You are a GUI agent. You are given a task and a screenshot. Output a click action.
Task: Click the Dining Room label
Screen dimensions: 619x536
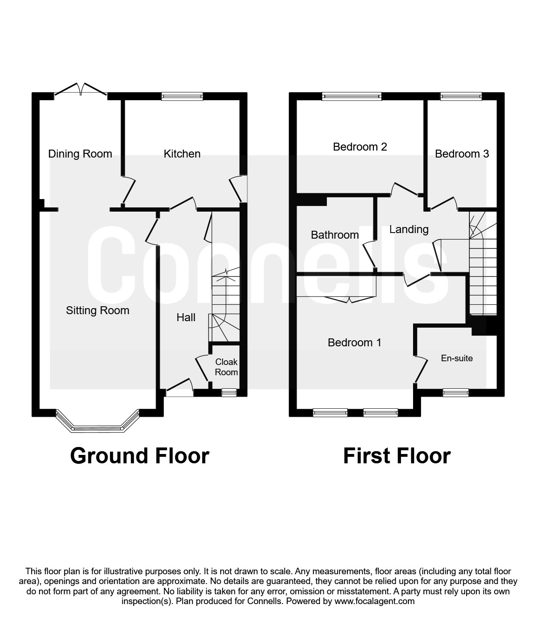tap(80, 154)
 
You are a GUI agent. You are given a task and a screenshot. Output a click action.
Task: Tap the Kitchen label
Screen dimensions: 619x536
tap(182, 154)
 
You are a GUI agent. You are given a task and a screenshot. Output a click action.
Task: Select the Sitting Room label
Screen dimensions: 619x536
tap(97, 310)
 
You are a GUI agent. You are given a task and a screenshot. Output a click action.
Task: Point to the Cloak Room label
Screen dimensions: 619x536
tap(226, 367)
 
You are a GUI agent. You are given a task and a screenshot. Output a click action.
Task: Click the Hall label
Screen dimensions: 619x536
tap(186, 317)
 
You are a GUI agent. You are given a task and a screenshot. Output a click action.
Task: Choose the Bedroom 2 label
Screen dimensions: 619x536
tap(360, 147)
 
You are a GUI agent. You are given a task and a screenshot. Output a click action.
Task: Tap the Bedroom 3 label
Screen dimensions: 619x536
tap(461, 154)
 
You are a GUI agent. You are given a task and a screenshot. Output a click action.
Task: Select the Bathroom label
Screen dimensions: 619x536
tap(335, 235)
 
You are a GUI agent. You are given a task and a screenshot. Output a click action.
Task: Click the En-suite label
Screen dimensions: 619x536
tap(456, 358)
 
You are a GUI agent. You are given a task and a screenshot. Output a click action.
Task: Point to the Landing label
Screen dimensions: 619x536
tap(409, 229)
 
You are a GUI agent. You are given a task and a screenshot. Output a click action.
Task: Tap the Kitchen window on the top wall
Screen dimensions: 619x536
tap(182, 96)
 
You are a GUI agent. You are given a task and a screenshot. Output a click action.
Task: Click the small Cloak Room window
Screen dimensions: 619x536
tap(229, 393)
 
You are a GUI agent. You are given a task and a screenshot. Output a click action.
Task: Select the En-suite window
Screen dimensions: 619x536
tap(455, 393)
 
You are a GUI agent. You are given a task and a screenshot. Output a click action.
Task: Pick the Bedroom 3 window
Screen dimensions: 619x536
tap(461, 96)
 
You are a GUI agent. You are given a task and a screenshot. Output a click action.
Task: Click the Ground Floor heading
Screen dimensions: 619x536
tap(140, 455)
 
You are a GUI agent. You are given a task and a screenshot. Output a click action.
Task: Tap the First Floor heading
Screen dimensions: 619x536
tap(397, 455)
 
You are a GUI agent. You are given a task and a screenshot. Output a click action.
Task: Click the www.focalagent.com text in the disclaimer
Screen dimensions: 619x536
tap(374, 601)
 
